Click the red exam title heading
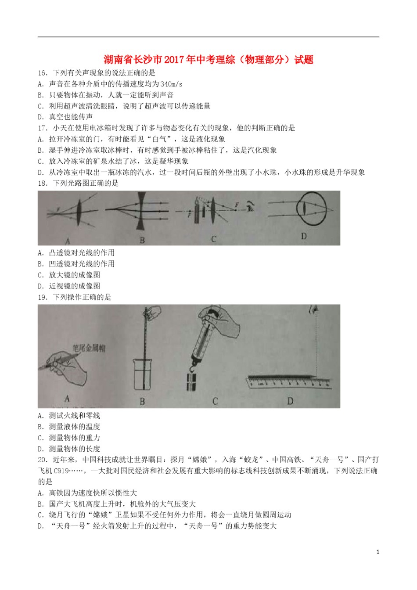pyautogui.click(x=208, y=59)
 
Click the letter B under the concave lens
pyautogui.click(x=142, y=240)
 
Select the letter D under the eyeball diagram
pyautogui.click(x=303, y=237)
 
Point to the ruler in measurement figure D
pyautogui.click(x=290, y=382)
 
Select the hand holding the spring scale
pyautogui.click(x=219, y=323)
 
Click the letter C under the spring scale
pyautogui.click(x=215, y=401)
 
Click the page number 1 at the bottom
pyautogui.click(x=377, y=552)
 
